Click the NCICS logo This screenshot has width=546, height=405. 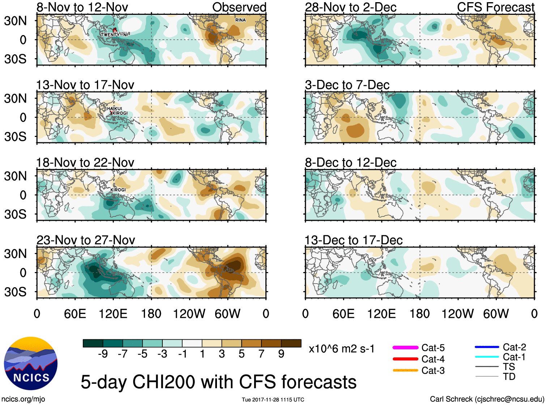tap(31, 363)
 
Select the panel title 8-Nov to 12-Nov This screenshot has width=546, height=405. tap(82, 7)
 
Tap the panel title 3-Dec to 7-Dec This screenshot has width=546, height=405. tap(347, 85)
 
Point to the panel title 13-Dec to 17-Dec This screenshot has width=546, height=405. tap(353, 240)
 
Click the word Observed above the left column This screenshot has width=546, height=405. tap(239, 7)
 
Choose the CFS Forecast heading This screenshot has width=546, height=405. tap(495, 7)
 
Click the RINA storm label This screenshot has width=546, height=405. tap(240, 20)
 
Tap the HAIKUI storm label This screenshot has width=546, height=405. tap(114, 108)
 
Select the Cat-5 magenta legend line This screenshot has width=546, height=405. tap(405, 348)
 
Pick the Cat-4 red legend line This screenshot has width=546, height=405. tap(405, 359)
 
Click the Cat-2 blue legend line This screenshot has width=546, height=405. tap(487, 347)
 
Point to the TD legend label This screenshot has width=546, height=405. tap(509, 376)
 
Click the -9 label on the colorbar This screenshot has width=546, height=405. tap(103, 354)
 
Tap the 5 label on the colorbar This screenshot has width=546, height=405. tap(242, 354)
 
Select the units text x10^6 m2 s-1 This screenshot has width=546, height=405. tap(341, 349)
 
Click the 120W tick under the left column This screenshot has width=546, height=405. tap(189, 314)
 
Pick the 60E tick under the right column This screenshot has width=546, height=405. tap(344, 314)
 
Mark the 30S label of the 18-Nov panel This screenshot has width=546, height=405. tap(16, 214)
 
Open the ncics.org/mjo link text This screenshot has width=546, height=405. tap(23, 399)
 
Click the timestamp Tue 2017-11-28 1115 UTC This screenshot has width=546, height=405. tap(273, 400)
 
